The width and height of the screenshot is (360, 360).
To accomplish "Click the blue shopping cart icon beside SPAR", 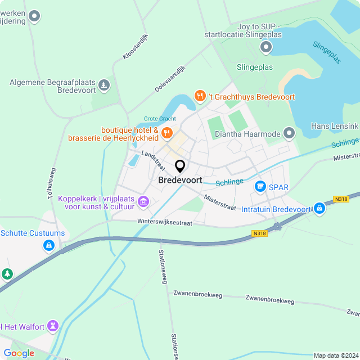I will coord(260,186).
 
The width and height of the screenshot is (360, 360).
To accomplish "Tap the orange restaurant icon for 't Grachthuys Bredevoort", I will coord(199,96).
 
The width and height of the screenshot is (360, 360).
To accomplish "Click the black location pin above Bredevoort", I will coord(180,166).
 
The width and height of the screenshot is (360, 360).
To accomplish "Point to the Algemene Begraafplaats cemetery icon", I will coord(103,85).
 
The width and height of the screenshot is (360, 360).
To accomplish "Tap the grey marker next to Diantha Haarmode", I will coord(289,133).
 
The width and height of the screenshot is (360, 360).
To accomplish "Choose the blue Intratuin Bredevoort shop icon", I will coord(319,209).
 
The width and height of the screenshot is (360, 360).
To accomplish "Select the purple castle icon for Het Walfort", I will coord(53,326).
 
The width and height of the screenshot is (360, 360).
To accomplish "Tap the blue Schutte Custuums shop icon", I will coord(49,245).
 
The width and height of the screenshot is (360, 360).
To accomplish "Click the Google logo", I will coord(19,353).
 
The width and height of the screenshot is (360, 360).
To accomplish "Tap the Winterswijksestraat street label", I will coord(164,222).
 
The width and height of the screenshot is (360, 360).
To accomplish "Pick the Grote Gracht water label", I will coord(160,119).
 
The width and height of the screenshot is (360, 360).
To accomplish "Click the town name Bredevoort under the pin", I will coord(180,181).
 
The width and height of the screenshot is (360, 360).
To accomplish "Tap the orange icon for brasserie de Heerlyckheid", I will coord(166,133).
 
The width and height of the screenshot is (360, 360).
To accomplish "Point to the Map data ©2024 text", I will coord(335,355).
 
